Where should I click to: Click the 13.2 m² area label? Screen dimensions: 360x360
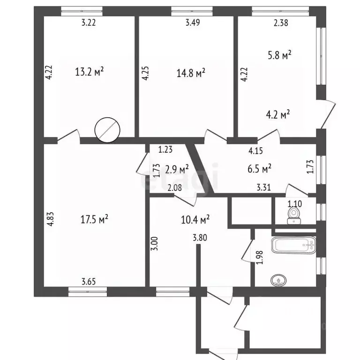[x=90, y=72]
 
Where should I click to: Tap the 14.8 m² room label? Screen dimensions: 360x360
[x=191, y=73]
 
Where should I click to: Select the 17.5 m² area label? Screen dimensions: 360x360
[x=94, y=219]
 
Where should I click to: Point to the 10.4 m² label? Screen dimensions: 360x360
[x=195, y=219]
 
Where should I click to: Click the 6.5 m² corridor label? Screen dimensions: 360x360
[x=259, y=169]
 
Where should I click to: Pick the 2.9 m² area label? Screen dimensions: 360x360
[x=177, y=169]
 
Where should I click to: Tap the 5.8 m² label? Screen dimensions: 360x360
[x=280, y=55]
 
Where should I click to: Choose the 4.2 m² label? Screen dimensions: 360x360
[x=278, y=114]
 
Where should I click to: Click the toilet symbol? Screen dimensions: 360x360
[x=293, y=215]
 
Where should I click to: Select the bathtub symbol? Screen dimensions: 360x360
[x=294, y=245]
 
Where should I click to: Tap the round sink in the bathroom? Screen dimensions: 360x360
[x=279, y=280]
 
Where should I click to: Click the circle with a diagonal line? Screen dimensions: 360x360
[x=107, y=130]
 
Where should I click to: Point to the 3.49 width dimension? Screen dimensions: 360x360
[x=193, y=22]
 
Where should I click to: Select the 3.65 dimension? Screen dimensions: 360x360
[x=89, y=281]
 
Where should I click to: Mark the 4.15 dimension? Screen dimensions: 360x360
[x=255, y=150]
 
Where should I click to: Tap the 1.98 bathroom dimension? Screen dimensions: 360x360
[x=259, y=257]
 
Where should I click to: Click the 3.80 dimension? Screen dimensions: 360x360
[x=200, y=237]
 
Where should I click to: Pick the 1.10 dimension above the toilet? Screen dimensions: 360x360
[x=295, y=203]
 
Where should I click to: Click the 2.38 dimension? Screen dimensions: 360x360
[x=281, y=22]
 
